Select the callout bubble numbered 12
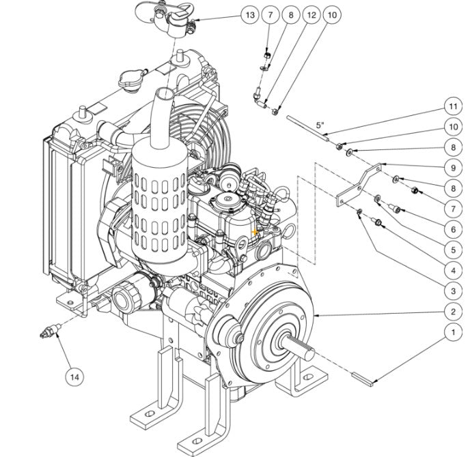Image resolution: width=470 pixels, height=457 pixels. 312,14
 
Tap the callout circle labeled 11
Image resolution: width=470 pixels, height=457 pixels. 452,106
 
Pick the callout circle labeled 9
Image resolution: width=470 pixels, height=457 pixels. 452,167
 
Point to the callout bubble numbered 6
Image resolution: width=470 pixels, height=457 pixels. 452,229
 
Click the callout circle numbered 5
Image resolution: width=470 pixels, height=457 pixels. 452,250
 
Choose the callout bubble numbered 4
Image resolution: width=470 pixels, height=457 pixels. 452,270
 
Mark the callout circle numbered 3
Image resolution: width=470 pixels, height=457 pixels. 452,291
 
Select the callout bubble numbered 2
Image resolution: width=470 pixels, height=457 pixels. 452,312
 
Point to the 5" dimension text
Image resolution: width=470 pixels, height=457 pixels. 320,125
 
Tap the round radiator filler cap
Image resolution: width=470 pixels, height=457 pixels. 131,80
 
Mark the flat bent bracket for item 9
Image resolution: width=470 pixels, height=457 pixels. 358,183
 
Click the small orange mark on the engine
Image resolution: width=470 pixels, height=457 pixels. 255,233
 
